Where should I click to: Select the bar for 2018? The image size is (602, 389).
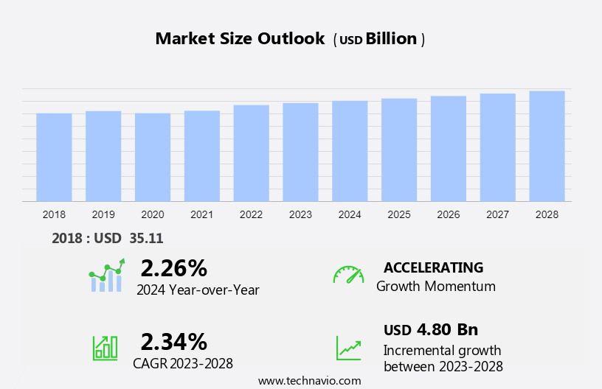click(x=54, y=157)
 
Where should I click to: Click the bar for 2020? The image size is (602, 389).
click(x=153, y=157)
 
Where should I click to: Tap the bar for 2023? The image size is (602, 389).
click(x=300, y=152)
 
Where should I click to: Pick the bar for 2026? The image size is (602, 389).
click(x=449, y=148)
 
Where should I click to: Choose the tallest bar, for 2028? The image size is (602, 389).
click(x=547, y=146)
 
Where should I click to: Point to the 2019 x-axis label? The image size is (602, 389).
click(x=103, y=214)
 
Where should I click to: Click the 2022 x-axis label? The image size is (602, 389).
click(x=251, y=214)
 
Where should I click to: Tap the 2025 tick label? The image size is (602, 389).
click(x=399, y=214)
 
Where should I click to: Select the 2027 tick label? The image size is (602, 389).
click(x=497, y=214)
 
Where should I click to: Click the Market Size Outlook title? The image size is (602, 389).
click(x=240, y=39)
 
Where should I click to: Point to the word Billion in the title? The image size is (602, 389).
click(x=391, y=39)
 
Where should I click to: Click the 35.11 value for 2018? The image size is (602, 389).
click(x=146, y=238)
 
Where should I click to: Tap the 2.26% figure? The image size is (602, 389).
click(x=173, y=267)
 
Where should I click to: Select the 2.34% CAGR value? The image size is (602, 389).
click(x=173, y=341)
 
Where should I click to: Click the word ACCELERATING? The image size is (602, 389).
click(x=433, y=267)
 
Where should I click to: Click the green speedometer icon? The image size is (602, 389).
click(x=348, y=275)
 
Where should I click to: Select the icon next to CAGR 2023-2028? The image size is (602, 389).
click(x=105, y=347)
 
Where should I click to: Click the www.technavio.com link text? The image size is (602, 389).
click(x=309, y=380)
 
